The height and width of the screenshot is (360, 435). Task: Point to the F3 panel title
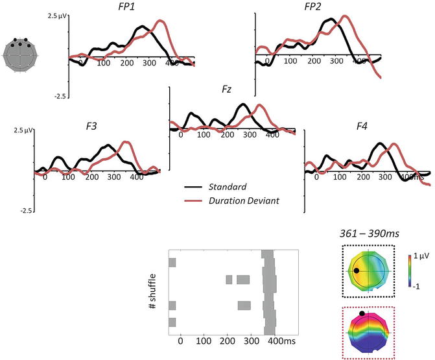point(90,125)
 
